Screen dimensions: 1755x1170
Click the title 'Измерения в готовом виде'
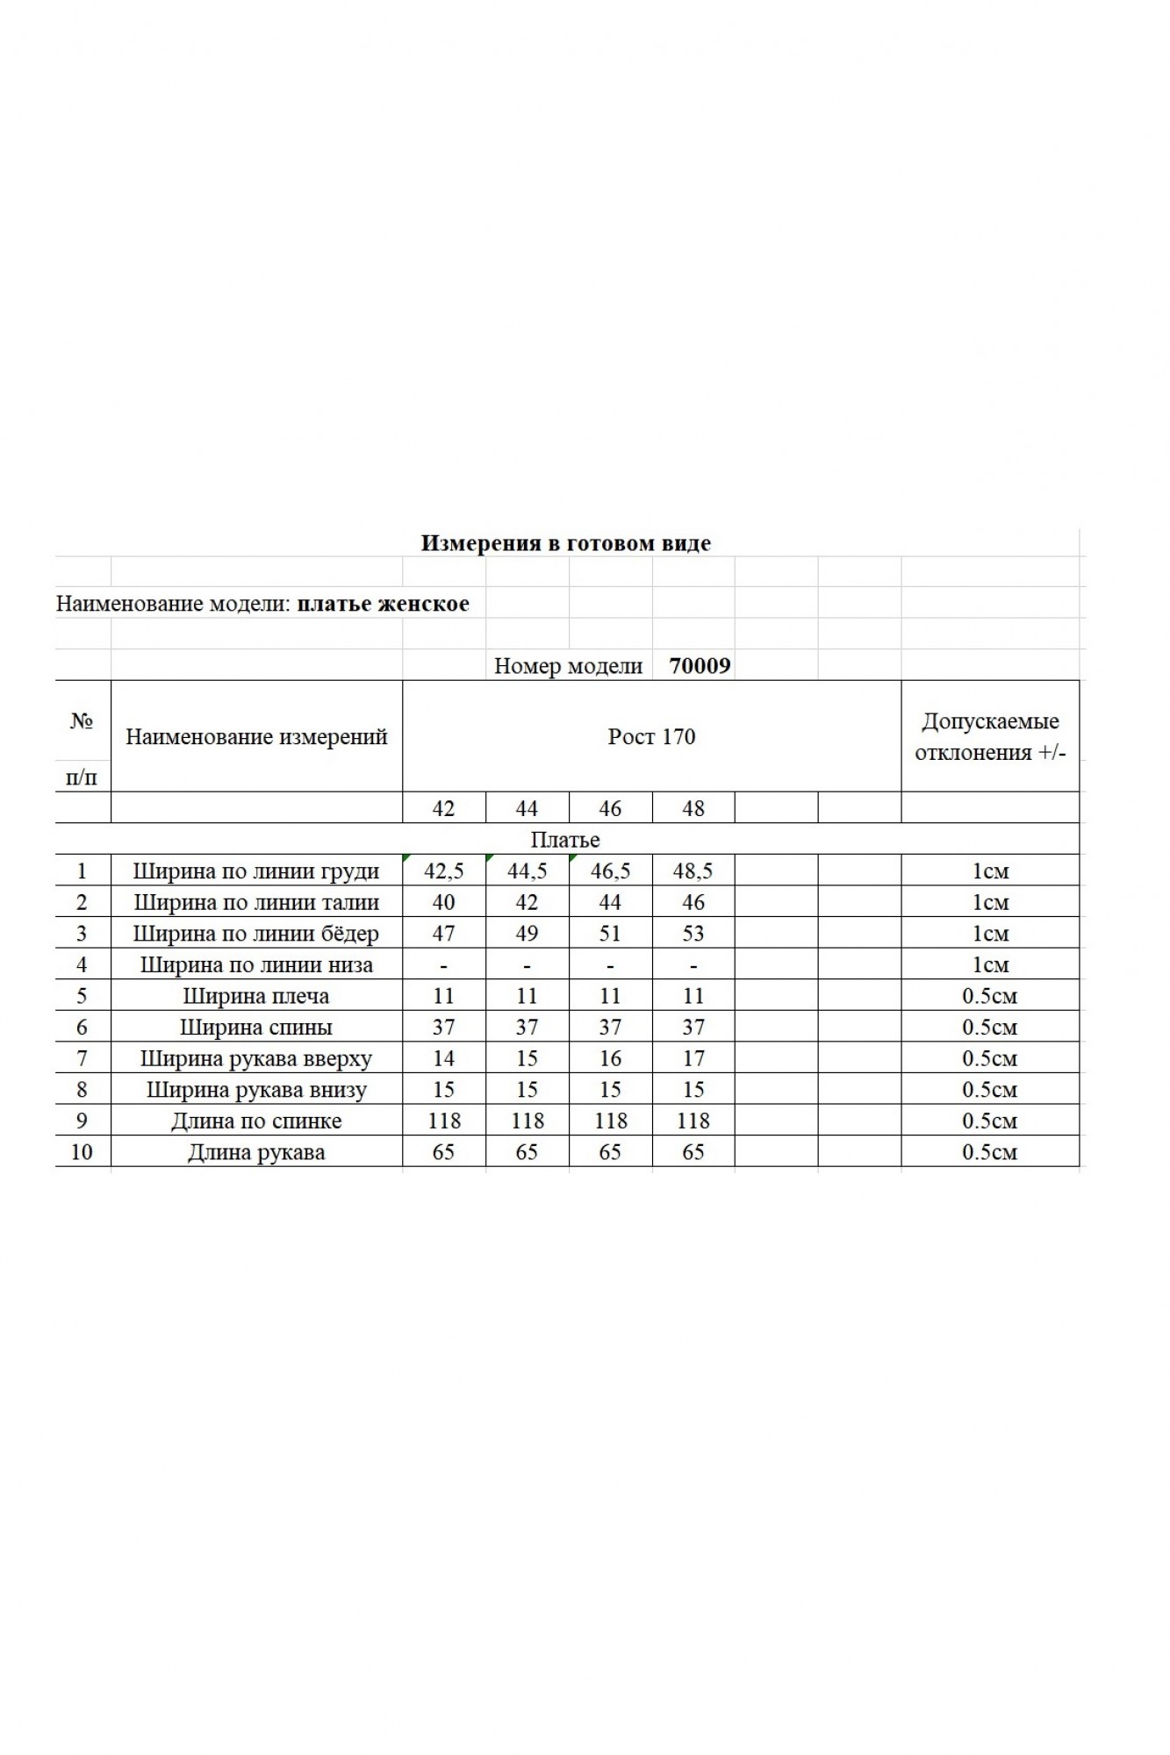click(x=565, y=543)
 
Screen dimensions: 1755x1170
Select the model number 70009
click(x=700, y=665)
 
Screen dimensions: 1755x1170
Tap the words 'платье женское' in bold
click(x=383, y=604)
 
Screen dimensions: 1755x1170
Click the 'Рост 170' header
click(x=651, y=736)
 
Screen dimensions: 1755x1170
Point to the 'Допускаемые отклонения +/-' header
click(x=990, y=737)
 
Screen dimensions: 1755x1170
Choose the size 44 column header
click(x=527, y=808)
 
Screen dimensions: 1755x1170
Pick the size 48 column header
click(x=693, y=808)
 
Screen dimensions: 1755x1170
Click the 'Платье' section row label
click(x=565, y=840)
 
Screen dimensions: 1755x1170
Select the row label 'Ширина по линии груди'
click(x=256, y=871)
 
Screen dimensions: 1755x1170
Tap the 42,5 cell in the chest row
click(x=444, y=871)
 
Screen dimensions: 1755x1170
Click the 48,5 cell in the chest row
click(x=693, y=871)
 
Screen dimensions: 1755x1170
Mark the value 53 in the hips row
click(x=693, y=934)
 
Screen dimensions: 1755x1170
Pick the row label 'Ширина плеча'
click(x=256, y=996)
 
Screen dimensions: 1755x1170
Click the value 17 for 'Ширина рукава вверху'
click(x=693, y=1058)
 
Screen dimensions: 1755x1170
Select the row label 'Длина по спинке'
click(x=256, y=1121)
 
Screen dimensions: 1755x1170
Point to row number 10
click(x=82, y=1152)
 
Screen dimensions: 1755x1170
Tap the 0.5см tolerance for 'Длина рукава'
click(x=990, y=1152)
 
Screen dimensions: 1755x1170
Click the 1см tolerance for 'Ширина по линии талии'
click(x=990, y=902)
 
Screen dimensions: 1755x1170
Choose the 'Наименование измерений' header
click(x=256, y=737)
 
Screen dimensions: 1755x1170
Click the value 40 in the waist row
click(x=444, y=902)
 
